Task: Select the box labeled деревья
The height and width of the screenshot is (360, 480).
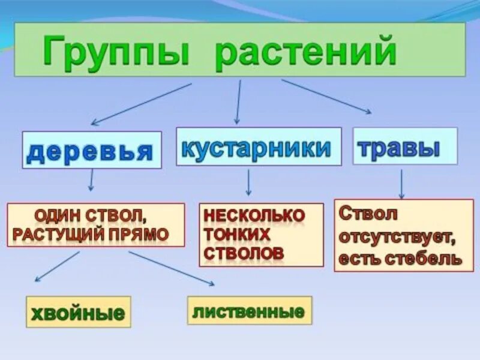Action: [x=92, y=150]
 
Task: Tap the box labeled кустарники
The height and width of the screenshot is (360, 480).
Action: [x=258, y=146]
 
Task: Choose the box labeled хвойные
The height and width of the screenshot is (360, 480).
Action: [x=78, y=311]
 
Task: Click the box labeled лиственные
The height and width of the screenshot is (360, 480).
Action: [x=250, y=310]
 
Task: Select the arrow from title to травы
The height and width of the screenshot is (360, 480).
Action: [x=326, y=97]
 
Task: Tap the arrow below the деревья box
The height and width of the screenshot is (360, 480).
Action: [x=91, y=181]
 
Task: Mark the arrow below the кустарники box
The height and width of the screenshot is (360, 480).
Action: [x=248, y=182]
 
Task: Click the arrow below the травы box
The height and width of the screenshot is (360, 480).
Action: [x=401, y=183]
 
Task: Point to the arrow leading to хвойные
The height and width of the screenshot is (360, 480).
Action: [x=57, y=266]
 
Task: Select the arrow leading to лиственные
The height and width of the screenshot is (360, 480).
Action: [x=171, y=268]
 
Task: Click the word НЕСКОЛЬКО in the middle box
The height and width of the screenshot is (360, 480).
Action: [x=254, y=214]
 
